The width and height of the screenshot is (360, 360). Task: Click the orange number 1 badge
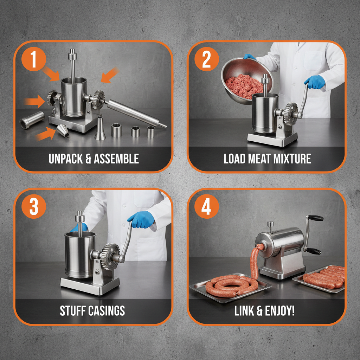coord(34,60)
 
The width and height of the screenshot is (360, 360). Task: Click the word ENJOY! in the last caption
coord(281,311)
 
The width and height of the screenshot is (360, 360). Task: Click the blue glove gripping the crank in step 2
coord(314,82)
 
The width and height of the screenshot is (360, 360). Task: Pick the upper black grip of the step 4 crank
coord(315,218)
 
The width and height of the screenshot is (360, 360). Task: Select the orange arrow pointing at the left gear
coord(35,102)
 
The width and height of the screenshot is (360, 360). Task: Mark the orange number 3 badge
coord(34,207)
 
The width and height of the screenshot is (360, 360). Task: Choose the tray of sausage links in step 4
coord(322,278)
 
